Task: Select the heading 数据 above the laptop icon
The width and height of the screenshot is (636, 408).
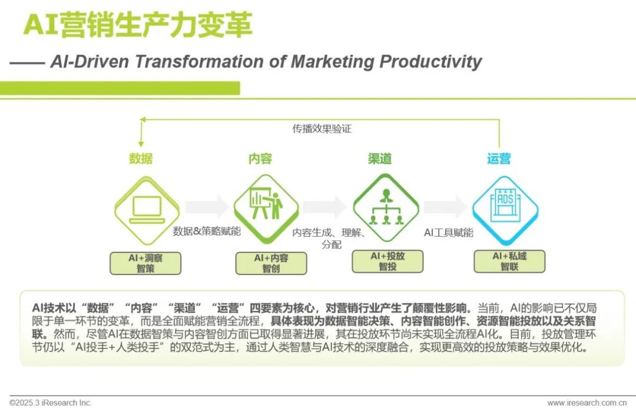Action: (141, 158)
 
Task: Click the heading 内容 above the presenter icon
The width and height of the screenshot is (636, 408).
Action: (261, 158)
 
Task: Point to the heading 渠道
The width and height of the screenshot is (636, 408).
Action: (380, 158)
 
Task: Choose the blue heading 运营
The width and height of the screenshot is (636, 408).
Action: (499, 158)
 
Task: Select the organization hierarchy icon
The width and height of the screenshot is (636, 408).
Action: (386, 206)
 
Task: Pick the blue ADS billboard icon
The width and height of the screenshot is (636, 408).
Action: (505, 206)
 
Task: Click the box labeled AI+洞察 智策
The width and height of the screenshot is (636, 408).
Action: (145, 263)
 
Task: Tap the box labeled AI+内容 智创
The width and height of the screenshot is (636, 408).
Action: (271, 263)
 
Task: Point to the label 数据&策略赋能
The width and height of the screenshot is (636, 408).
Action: (207, 231)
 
